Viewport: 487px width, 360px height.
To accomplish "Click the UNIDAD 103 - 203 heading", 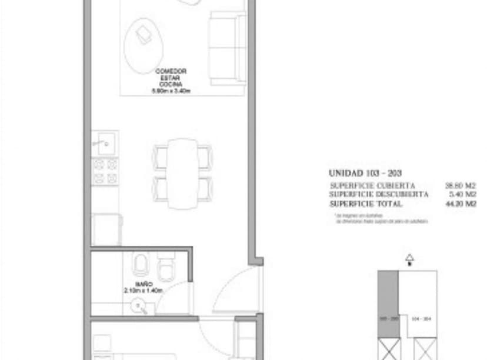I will point(365,174).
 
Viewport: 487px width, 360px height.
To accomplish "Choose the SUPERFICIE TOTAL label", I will point(365,204).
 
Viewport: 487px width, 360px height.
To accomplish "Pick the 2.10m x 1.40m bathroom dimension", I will point(143,290).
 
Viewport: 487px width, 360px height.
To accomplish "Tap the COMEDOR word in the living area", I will point(167,72).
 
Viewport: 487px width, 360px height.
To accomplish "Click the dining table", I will point(182,173).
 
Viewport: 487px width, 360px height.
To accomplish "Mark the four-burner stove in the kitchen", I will point(105,171).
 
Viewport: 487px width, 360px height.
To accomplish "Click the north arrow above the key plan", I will point(409,257).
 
